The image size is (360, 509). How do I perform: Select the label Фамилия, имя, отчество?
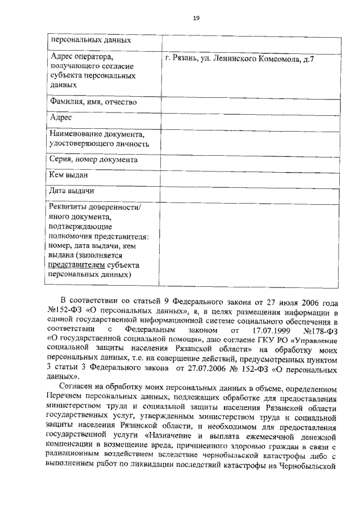[93, 102]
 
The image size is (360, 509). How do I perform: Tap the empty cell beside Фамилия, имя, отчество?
[251, 103]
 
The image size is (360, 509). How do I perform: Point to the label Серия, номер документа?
[94, 160]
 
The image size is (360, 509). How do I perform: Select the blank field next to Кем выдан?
[251, 176]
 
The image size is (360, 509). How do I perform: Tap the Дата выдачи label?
[71, 192]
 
